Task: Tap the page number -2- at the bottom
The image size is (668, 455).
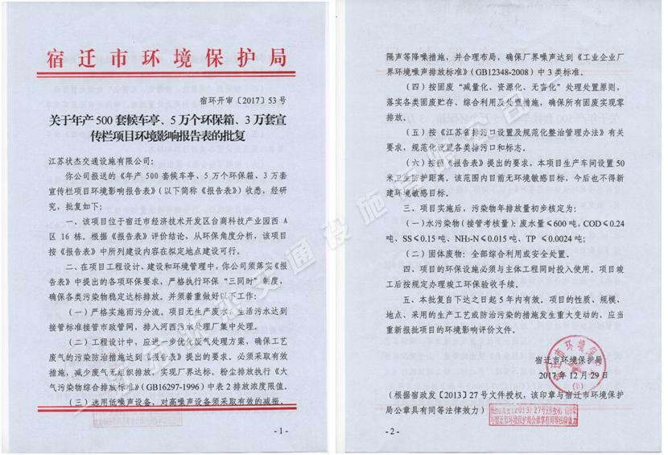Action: (394, 432)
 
